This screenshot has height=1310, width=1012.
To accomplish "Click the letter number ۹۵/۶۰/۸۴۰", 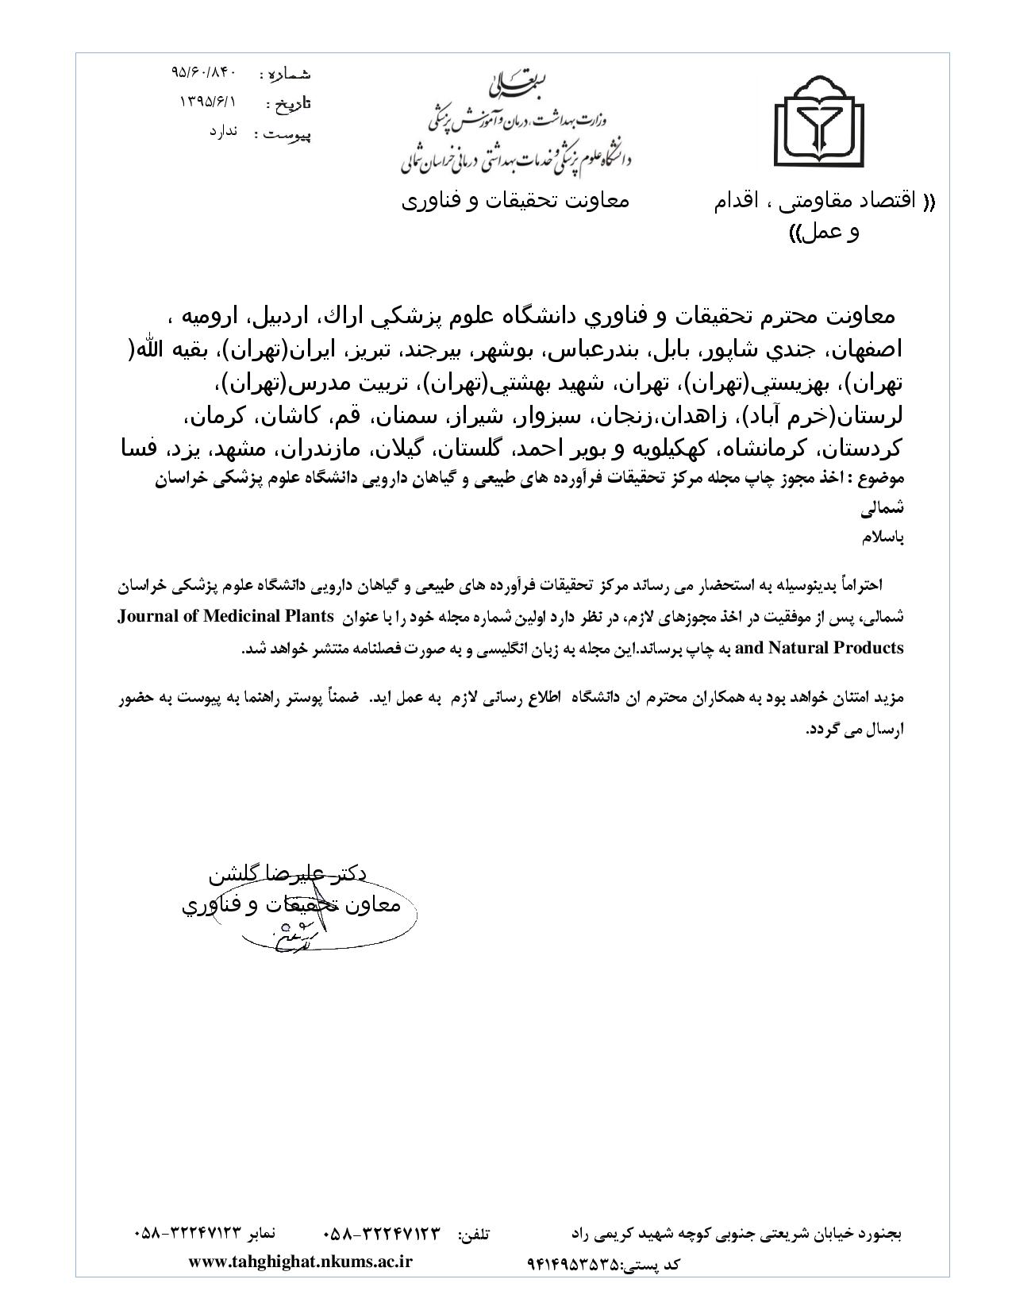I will coord(204,72).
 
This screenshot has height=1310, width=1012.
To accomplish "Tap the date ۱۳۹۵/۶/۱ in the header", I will coord(209,102).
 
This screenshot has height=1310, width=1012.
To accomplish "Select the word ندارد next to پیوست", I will coord(224,132).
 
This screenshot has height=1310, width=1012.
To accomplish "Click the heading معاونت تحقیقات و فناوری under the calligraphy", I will coord(514,200).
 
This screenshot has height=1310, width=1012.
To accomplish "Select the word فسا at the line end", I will coord(137,449).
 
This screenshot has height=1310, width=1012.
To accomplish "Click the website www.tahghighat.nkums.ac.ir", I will coord(301,1262).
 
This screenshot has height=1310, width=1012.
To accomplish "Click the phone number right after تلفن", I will coord(381,1235).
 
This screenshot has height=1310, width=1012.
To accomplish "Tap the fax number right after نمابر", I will coord(187,1235).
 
